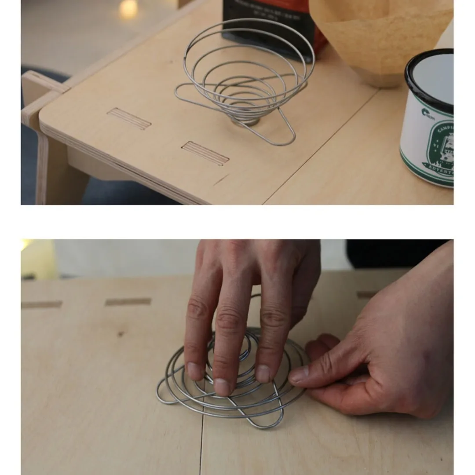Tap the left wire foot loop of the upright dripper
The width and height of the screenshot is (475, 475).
pos(185,92)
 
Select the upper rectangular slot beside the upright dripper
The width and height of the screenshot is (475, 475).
pos(129,118)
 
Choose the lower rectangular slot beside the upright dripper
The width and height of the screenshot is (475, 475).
pos(205,153)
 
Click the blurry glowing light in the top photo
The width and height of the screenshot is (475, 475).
pos(128,9)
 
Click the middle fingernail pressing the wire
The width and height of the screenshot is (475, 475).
pos(223,387)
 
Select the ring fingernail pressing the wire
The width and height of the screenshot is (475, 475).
pos(263,374)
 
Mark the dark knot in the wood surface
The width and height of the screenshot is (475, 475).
pos(120,334)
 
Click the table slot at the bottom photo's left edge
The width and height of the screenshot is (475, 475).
pos(41,304)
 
